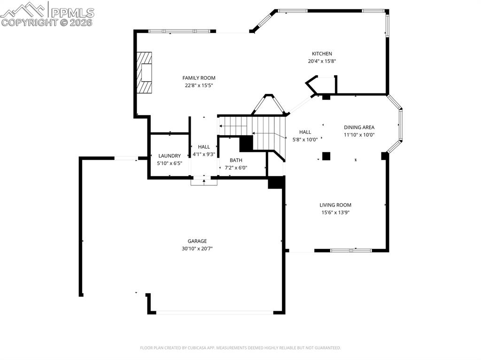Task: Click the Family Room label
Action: (x=199, y=78)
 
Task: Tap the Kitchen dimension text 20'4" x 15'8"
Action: (x=322, y=61)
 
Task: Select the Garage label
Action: (x=197, y=241)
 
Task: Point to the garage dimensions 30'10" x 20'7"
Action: (x=197, y=249)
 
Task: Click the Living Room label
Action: (x=335, y=205)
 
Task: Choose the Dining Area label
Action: (x=359, y=127)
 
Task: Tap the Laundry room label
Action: (x=169, y=156)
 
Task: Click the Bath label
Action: (x=235, y=160)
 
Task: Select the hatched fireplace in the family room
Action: (x=145, y=73)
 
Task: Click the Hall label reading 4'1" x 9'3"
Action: (x=204, y=147)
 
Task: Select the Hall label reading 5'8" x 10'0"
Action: (x=305, y=132)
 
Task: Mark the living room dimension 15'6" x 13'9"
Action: (x=335, y=213)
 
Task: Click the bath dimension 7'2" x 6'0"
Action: (x=235, y=168)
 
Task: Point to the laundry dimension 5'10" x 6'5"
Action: (x=169, y=163)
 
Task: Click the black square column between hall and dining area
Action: (x=326, y=156)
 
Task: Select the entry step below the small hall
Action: (x=204, y=182)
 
